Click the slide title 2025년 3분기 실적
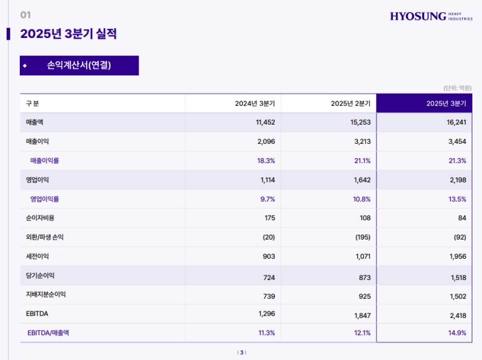[68, 34]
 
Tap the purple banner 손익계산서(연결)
[79, 65]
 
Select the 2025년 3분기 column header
[446, 104]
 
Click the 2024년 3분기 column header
[255, 104]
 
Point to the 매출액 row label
[35, 122]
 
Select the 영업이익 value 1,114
[265, 180]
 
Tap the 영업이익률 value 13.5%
[456, 199]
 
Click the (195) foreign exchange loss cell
[361, 237]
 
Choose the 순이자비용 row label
[40, 218]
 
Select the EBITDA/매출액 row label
[48, 332]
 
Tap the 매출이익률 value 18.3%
[266, 161]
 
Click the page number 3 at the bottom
[242, 353]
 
